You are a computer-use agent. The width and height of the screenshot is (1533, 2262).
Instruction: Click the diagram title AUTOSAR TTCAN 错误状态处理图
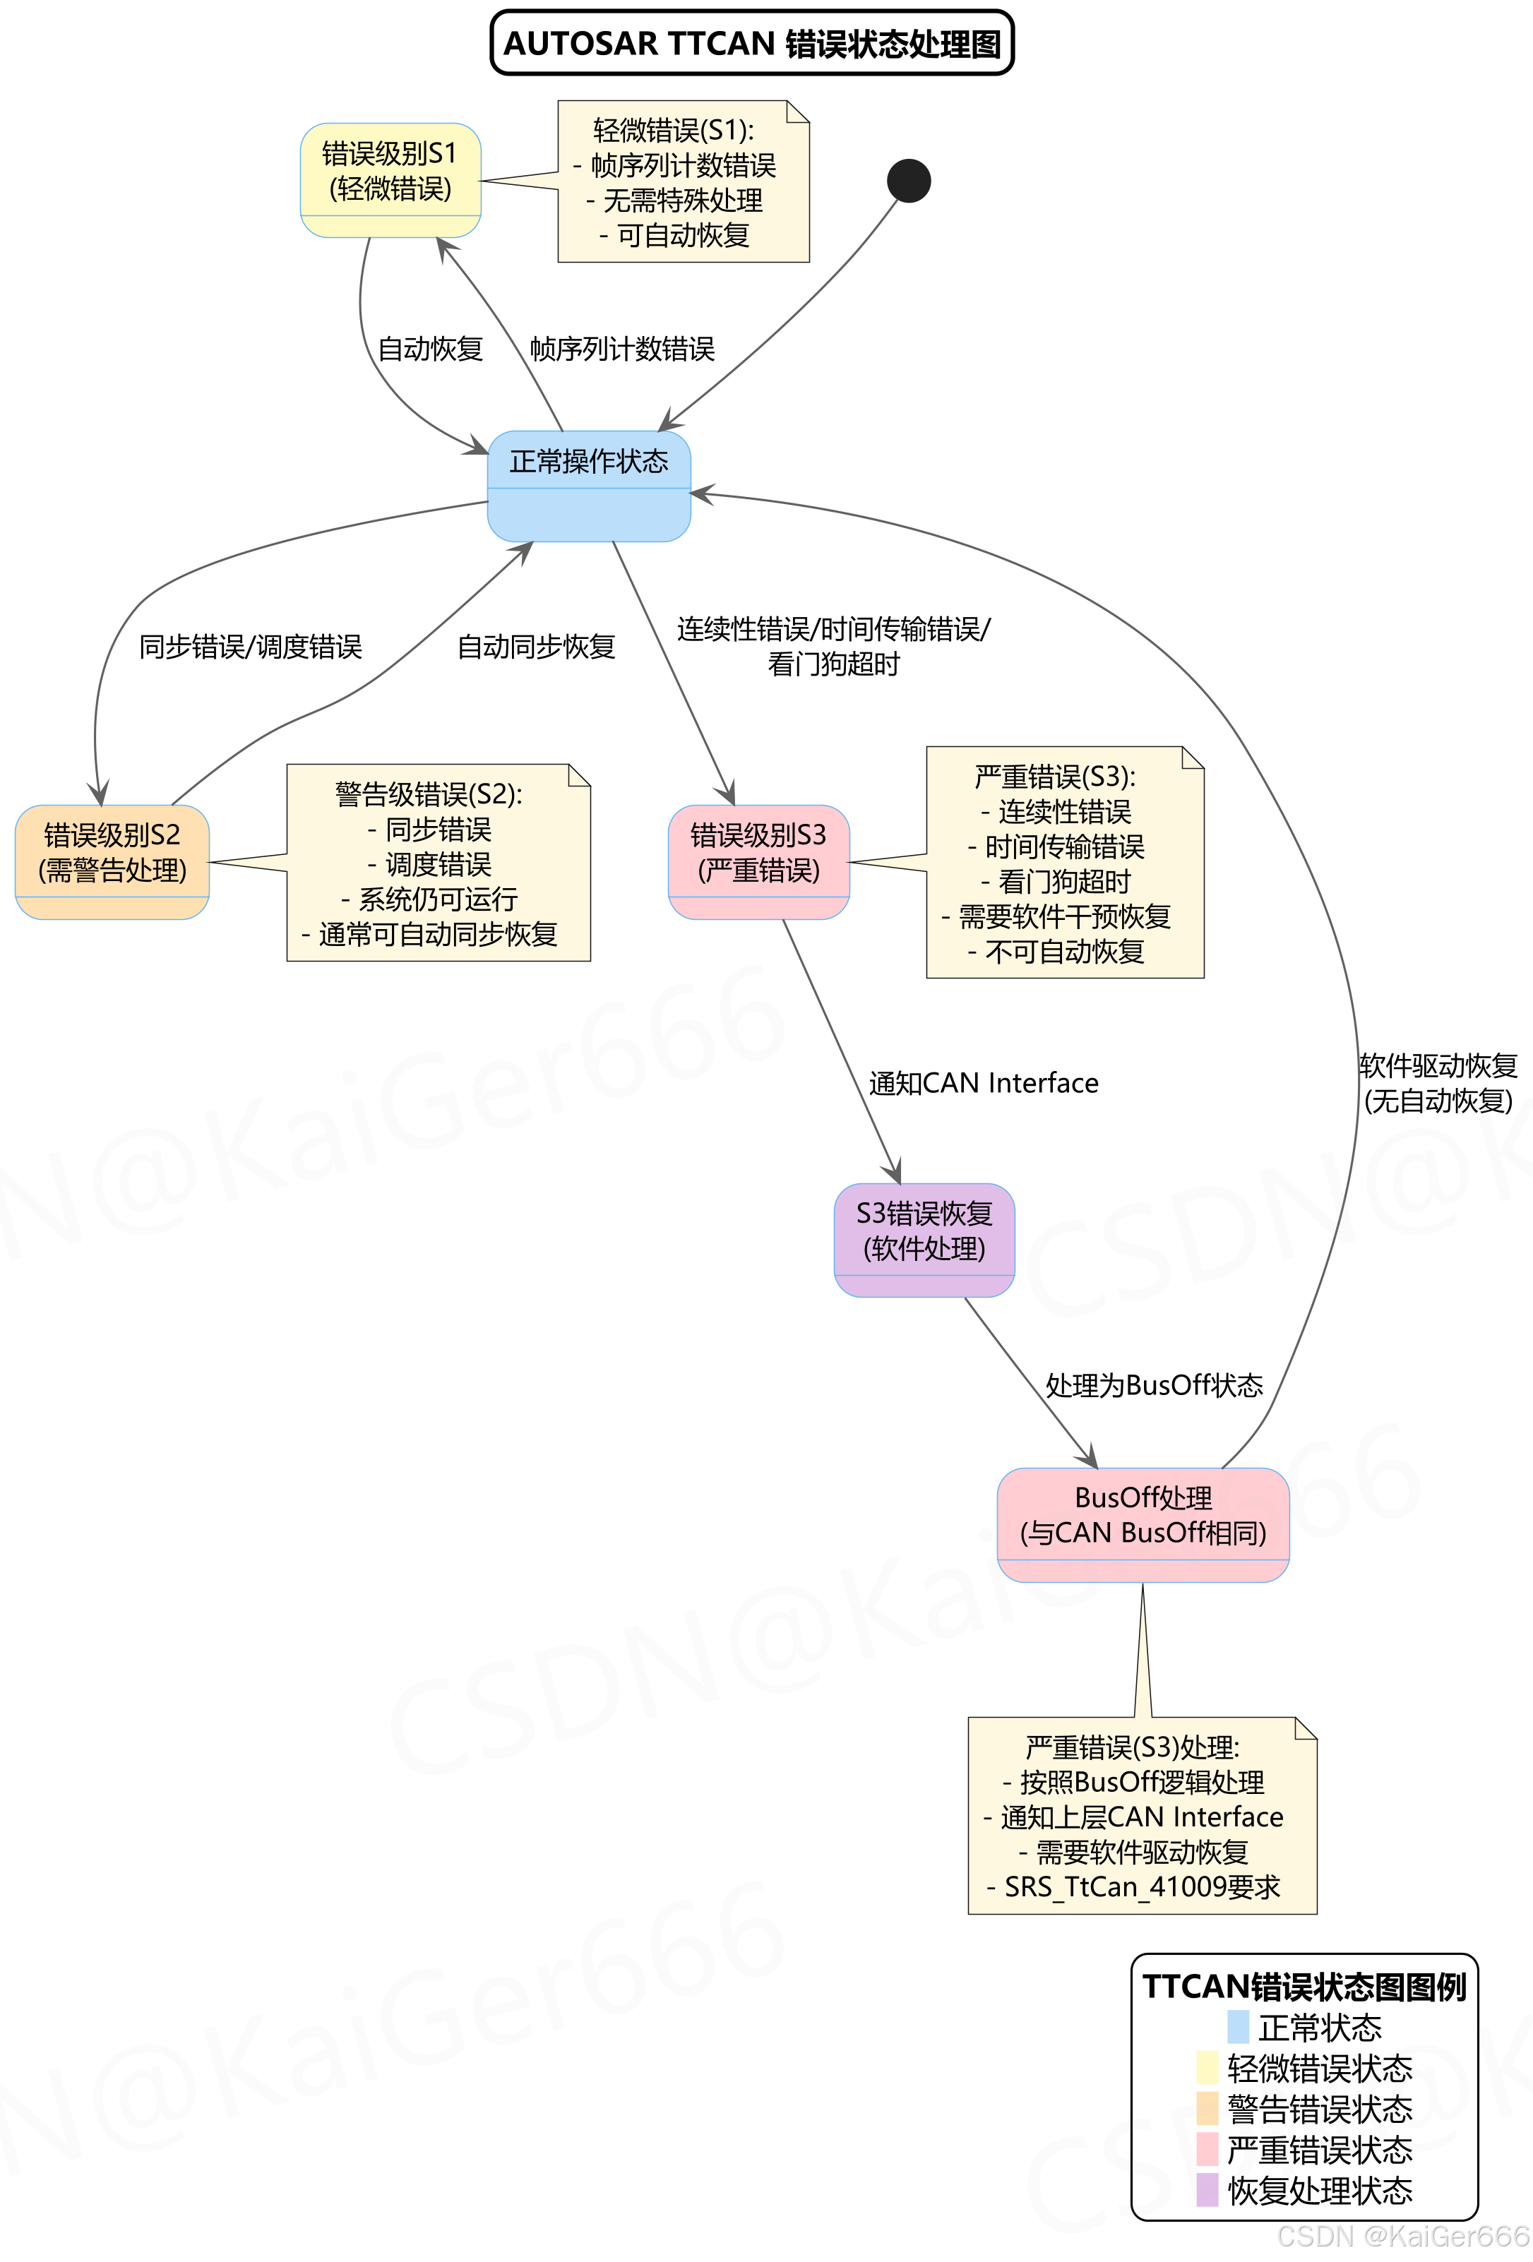click(751, 44)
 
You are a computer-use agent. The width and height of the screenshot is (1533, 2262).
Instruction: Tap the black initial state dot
click(908, 181)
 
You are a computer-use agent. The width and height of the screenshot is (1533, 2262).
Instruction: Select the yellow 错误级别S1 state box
click(390, 179)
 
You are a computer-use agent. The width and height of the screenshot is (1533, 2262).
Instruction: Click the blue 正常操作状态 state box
click(589, 485)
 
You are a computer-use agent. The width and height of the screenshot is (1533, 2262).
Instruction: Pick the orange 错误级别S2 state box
click(112, 861)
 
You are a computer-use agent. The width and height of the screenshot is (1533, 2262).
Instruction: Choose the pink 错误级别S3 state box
click(758, 861)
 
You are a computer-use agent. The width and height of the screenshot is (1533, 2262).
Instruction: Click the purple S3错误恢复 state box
click(924, 1239)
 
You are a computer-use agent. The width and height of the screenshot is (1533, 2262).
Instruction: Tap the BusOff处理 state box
click(1143, 1524)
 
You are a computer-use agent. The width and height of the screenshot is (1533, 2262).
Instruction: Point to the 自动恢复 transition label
click(430, 349)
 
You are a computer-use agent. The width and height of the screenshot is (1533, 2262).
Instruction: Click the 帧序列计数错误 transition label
click(622, 349)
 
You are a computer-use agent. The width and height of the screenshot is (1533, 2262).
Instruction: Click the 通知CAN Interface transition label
click(983, 1083)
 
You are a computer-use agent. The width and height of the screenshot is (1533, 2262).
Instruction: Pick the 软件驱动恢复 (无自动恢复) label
click(1438, 1083)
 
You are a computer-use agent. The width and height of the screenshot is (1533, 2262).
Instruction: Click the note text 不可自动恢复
click(1065, 952)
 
